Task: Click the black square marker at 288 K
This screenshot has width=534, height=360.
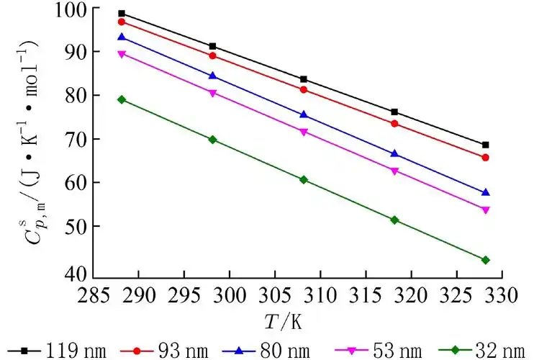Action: (122, 14)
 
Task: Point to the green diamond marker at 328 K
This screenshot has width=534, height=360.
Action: (485, 260)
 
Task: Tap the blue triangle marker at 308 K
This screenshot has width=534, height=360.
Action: (304, 114)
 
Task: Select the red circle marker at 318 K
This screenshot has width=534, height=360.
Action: (394, 124)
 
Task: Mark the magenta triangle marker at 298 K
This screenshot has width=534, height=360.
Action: (212, 93)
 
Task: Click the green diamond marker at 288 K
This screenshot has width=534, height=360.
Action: (122, 99)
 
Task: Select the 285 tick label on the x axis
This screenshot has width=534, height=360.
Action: (94, 294)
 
